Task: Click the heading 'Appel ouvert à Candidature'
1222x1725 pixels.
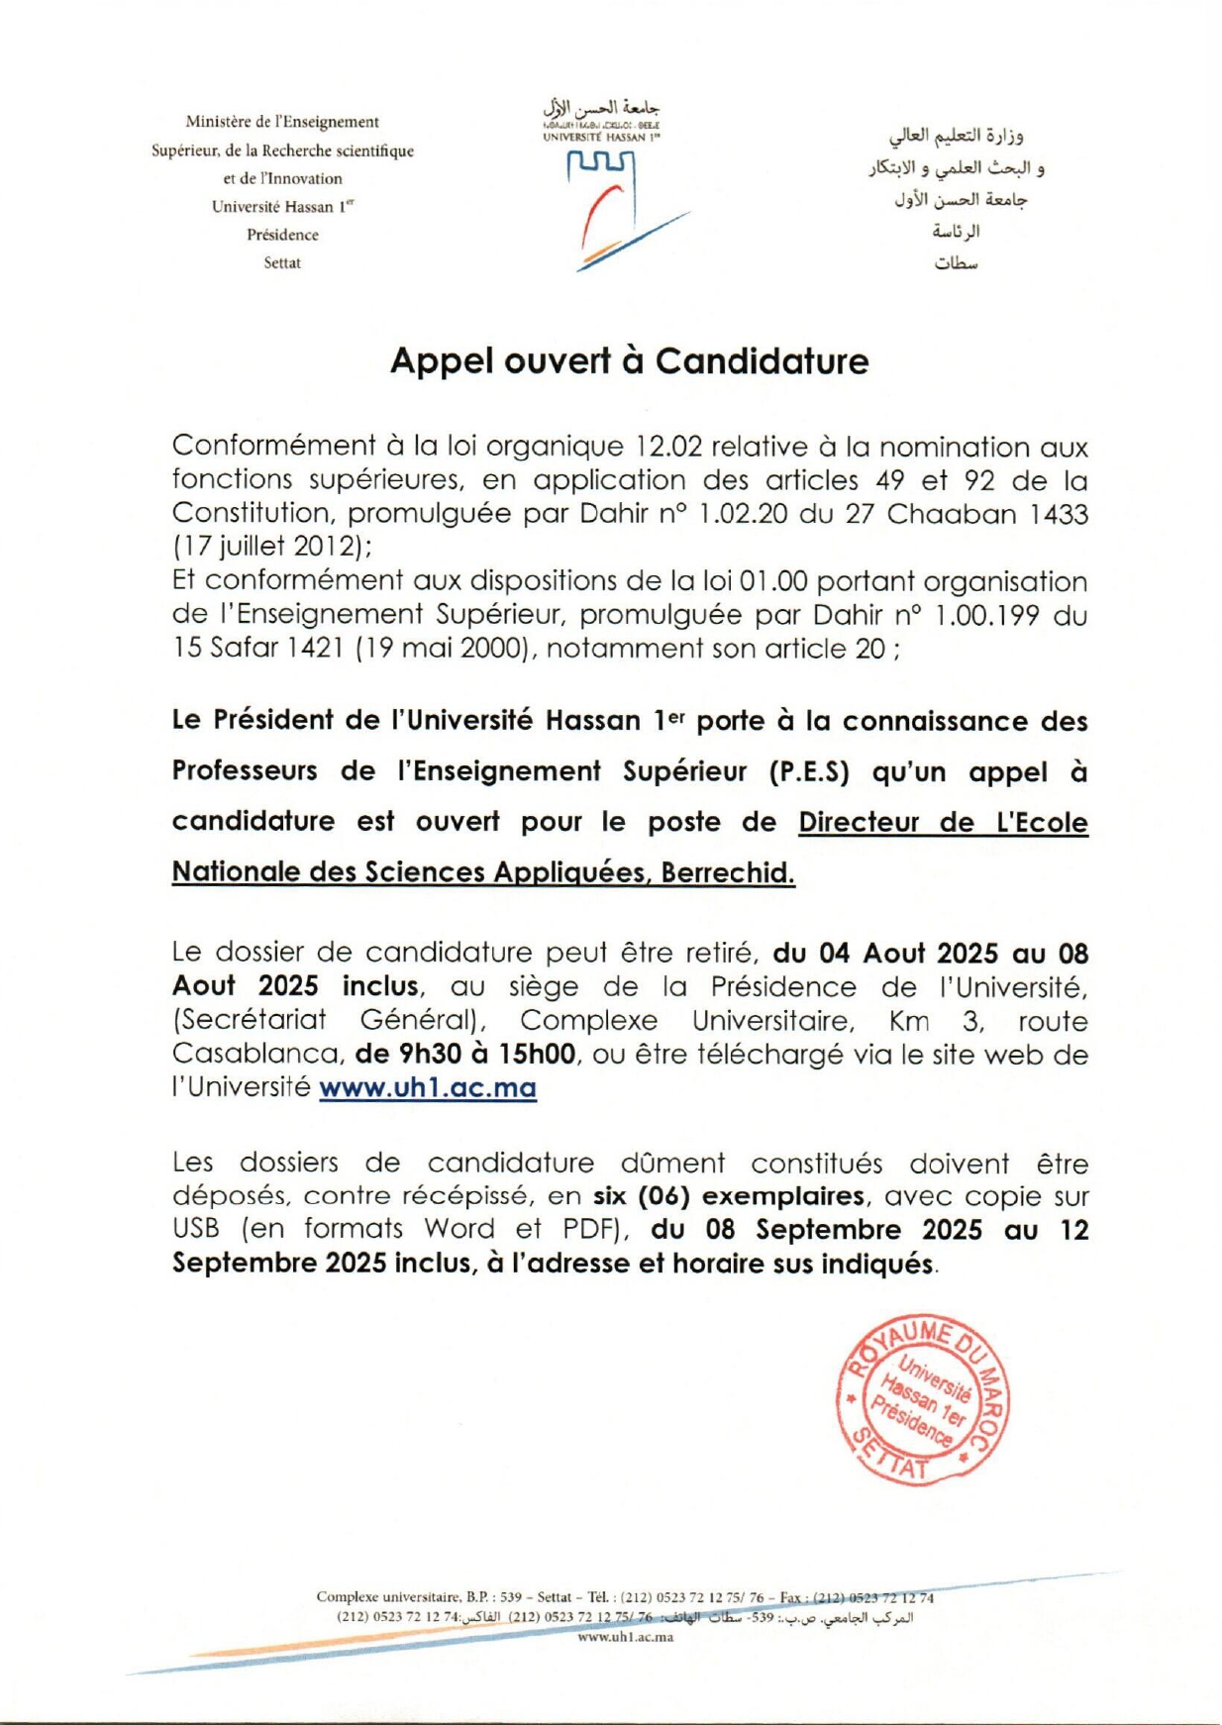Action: [x=629, y=361]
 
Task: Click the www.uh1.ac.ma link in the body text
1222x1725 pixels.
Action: [x=428, y=1087]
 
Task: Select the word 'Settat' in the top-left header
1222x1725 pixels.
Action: [x=282, y=263]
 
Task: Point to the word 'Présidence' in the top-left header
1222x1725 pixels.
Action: [x=282, y=236]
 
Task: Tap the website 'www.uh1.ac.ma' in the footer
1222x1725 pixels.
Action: [x=625, y=1637]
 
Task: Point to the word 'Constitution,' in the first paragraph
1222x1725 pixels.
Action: [x=254, y=513]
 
